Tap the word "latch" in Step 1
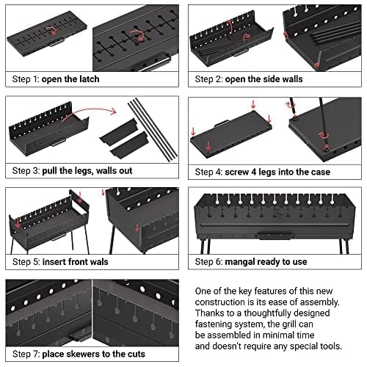click(x=106, y=79)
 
